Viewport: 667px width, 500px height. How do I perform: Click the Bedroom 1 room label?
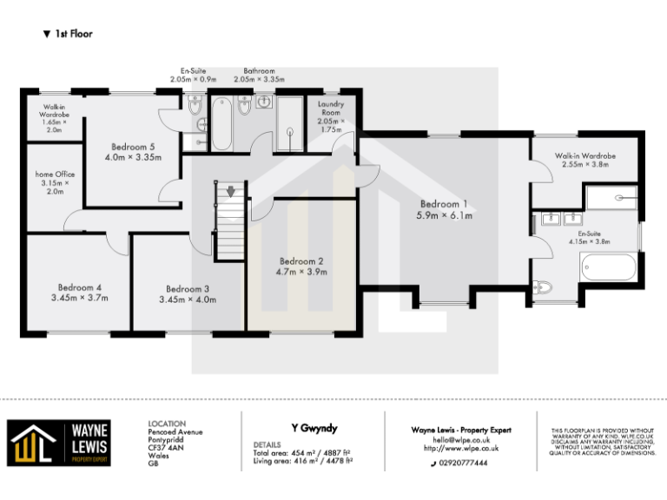[446, 203]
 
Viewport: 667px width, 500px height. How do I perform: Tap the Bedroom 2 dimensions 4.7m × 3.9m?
[301, 272]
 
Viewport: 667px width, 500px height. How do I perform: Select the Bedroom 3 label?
[187, 289]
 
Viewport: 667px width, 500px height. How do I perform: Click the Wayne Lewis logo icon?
[32, 444]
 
